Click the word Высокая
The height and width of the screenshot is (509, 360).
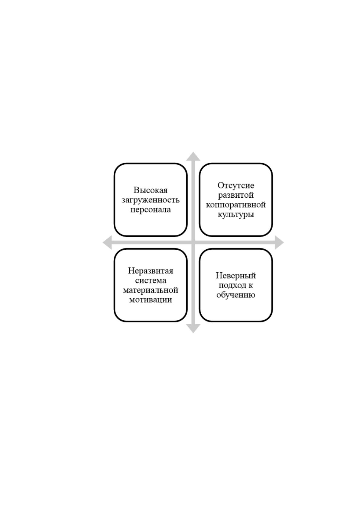(151, 190)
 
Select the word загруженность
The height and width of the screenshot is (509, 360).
(151, 200)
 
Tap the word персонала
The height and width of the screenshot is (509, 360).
(151, 209)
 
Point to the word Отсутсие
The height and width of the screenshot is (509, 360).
(236, 185)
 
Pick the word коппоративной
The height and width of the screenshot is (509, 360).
(236, 205)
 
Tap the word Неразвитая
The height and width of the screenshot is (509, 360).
(151, 271)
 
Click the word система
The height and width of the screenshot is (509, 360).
(151, 280)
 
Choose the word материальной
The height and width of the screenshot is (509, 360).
(151, 290)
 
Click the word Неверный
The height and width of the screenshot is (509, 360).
(236, 276)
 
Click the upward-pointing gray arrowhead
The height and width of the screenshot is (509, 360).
(193, 157)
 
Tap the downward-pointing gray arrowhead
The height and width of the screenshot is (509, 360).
(193, 328)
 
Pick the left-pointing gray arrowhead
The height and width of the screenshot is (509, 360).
(107, 242)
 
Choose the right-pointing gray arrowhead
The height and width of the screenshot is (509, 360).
(279, 242)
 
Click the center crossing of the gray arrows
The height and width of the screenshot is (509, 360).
(193, 242)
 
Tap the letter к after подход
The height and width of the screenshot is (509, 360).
(250, 286)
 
